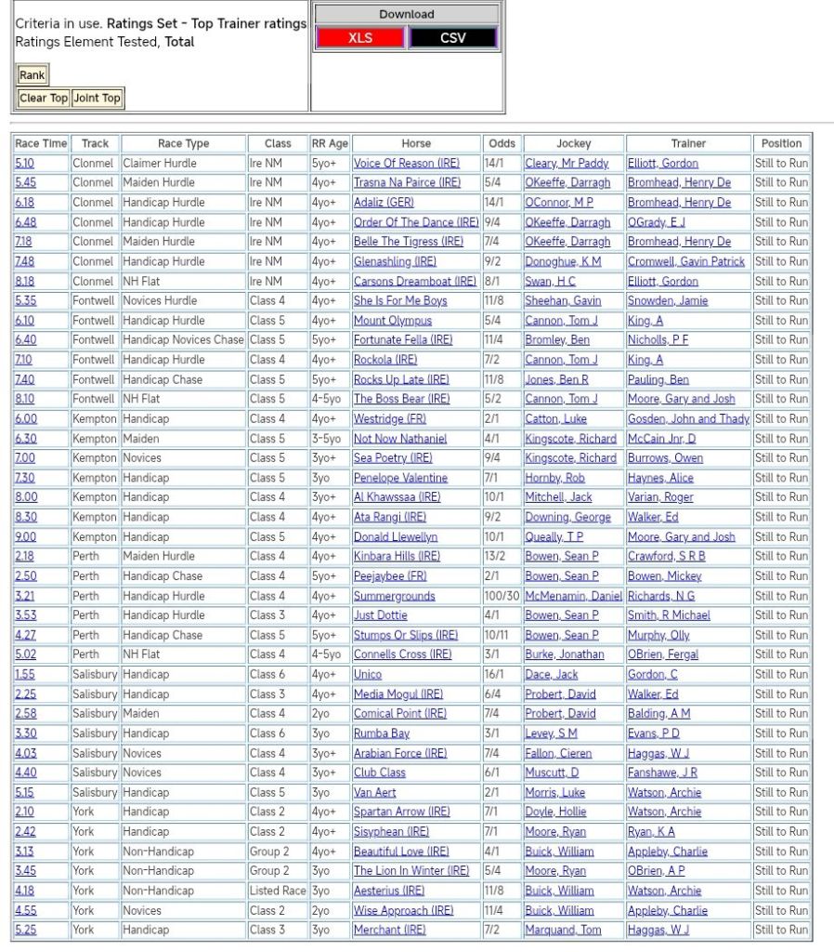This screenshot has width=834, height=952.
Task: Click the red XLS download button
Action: pyautogui.click(x=360, y=38)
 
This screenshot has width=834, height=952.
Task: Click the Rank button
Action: pyautogui.click(x=33, y=75)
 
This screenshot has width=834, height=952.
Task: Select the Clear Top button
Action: pyautogui.click(x=44, y=98)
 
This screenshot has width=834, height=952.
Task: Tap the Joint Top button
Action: pyautogui.click(x=98, y=98)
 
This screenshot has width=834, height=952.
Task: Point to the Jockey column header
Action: pyautogui.click(x=573, y=143)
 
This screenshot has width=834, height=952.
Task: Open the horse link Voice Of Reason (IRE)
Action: pyautogui.click(x=406, y=164)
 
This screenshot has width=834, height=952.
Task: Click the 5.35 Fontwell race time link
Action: pyautogui.click(x=25, y=300)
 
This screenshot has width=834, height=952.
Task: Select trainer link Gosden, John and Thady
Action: pyautogui.click(x=688, y=418)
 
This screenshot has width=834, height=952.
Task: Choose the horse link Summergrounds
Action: pyautogui.click(x=394, y=596)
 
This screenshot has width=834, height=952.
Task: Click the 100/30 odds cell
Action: pyautogui.click(x=502, y=596)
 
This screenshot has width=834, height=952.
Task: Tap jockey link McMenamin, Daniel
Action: pyautogui.click(x=573, y=596)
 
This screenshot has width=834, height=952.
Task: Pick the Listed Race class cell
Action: pyautogui.click(x=278, y=891)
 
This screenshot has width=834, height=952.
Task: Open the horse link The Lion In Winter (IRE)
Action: pyautogui.click(x=411, y=871)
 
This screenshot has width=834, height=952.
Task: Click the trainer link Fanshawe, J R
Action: pyautogui.click(x=662, y=773)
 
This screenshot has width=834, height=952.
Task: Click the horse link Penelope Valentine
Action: pyautogui.click(x=400, y=478)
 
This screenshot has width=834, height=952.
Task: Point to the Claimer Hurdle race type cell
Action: pyautogui.click(x=160, y=164)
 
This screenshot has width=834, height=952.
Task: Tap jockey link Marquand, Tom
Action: pyautogui.click(x=563, y=930)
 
